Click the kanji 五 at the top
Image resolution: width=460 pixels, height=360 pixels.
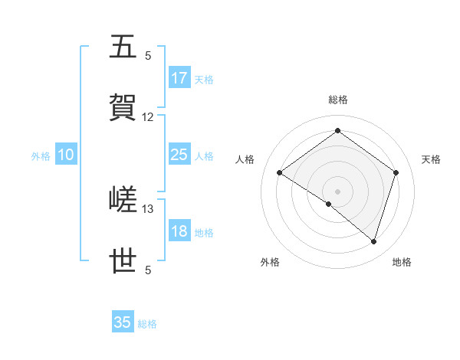pyautogui.click(x=124, y=47)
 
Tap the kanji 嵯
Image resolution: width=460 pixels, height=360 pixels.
pyautogui.click(x=124, y=201)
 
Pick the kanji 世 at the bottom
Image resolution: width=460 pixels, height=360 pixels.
pyautogui.click(x=124, y=261)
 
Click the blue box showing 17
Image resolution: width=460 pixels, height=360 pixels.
pyautogui.click(x=179, y=78)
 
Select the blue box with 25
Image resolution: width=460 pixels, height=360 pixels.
pyautogui.click(x=179, y=155)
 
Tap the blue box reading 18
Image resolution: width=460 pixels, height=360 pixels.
pyautogui.click(x=179, y=232)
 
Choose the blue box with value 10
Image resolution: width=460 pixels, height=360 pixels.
pyautogui.click(x=65, y=155)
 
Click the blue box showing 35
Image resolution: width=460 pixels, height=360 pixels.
pyautogui.click(x=123, y=322)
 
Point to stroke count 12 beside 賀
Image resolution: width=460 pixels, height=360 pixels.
pyautogui.click(x=148, y=117)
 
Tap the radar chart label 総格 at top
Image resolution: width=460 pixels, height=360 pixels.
pyautogui.click(x=338, y=100)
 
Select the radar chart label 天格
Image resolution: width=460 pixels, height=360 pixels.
pyautogui.click(x=431, y=159)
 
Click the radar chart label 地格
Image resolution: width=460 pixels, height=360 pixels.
pyautogui.click(x=402, y=262)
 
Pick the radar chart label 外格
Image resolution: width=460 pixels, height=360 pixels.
pyautogui.click(x=270, y=262)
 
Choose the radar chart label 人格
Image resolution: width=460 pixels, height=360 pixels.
pyautogui.click(x=245, y=159)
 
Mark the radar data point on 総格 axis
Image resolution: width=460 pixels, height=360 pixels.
pyautogui.click(x=337, y=131)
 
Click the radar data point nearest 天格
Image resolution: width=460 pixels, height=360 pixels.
pyautogui.click(x=396, y=172)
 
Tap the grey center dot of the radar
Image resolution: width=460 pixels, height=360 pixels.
pyautogui.click(x=337, y=191)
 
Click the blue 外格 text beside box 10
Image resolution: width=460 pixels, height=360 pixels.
pyautogui.click(x=41, y=156)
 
